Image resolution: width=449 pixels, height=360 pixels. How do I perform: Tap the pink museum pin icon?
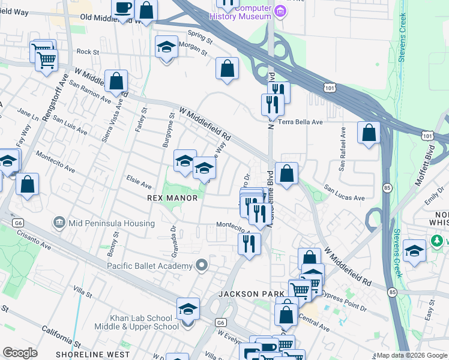280,11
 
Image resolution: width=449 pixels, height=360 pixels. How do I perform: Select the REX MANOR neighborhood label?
172,197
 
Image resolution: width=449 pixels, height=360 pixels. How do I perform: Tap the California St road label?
61,337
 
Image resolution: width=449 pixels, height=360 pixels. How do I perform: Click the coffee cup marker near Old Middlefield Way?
123,9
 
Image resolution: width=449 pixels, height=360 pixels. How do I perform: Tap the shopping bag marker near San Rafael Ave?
369,132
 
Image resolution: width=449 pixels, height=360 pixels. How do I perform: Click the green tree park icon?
436,241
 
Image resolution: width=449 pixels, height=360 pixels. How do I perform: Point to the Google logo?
20,352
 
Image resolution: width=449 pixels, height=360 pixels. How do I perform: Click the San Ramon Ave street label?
89,90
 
